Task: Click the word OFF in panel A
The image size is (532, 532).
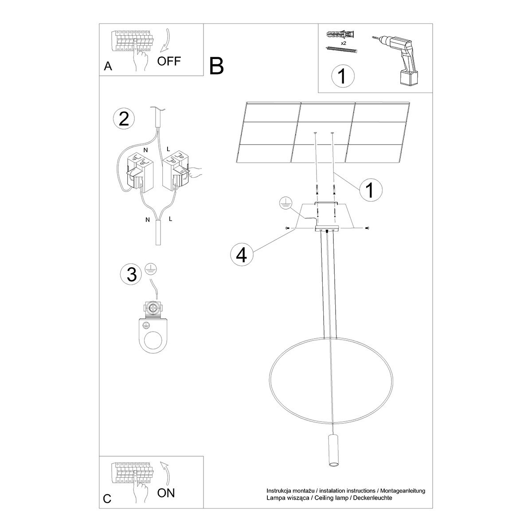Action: [x=169, y=61]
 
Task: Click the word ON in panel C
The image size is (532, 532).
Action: [x=166, y=493]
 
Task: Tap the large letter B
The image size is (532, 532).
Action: [x=217, y=66]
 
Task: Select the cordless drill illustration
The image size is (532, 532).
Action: [x=397, y=59]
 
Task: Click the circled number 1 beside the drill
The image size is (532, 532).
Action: [x=343, y=76]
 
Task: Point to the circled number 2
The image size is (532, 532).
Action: [x=124, y=119]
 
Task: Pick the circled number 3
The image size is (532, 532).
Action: [x=131, y=274]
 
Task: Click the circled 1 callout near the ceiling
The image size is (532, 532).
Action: [x=370, y=190]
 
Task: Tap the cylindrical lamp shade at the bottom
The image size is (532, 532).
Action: [x=332, y=451]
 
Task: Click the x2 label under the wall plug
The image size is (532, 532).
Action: [x=343, y=43]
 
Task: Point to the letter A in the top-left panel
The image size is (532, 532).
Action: [x=108, y=66]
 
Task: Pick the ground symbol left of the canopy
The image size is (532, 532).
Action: [x=286, y=203]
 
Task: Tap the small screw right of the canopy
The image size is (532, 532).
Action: [x=367, y=228]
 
